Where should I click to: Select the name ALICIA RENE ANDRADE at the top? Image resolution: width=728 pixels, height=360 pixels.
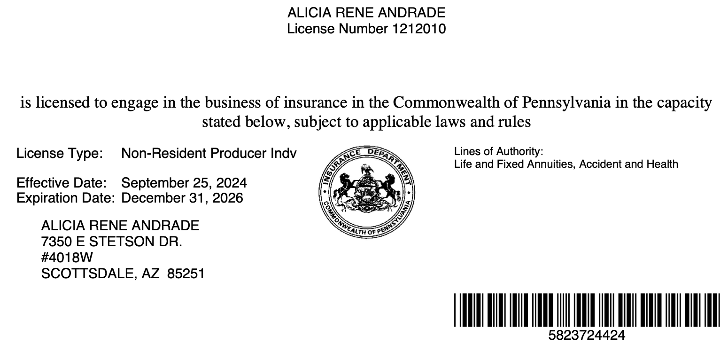366,12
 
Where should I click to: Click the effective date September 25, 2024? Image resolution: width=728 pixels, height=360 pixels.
184,183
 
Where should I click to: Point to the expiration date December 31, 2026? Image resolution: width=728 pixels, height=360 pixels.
182,198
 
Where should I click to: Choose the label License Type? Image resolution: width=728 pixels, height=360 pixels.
60,153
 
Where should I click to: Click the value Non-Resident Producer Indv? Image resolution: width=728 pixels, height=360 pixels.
209,153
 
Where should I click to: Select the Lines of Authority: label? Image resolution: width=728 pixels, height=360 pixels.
498,152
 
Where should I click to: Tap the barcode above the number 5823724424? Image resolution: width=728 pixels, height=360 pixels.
587,310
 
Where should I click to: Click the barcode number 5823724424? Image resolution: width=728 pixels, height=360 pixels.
587,336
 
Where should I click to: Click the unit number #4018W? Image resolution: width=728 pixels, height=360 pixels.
67,258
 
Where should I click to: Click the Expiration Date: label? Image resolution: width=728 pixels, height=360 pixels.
65,198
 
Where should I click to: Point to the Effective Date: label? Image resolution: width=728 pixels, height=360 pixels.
62,183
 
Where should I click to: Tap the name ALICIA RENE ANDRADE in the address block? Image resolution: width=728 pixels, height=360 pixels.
120,226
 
